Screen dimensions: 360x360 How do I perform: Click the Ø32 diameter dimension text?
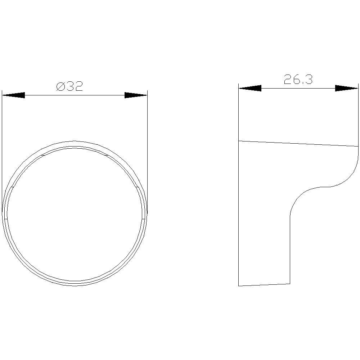click(x=69, y=86)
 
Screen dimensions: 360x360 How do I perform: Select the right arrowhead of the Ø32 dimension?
click(x=136, y=95)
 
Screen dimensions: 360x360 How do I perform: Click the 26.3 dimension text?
click(x=298, y=80)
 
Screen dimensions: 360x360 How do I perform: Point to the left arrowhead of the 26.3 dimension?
click(x=250, y=88)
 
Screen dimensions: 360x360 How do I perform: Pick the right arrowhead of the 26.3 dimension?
click(x=347, y=88)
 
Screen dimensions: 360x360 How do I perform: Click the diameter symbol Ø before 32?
click(x=60, y=86)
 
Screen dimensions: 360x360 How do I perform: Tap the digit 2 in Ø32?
click(x=79, y=86)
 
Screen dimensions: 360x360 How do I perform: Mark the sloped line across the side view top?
click(x=298, y=144)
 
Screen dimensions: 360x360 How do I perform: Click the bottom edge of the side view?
click(x=264, y=285)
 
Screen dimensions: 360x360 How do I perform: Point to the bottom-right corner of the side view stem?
click(x=290, y=284)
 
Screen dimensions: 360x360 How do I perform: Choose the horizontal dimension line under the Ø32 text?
click(x=75, y=95)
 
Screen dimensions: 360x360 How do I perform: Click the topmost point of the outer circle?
click(x=75, y=141)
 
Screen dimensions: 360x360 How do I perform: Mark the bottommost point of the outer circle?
click(x=75, y=286)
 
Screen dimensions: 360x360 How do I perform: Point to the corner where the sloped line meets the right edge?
click(x=358, y=147)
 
